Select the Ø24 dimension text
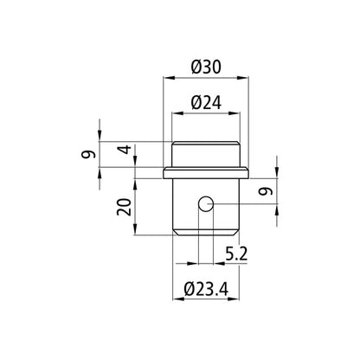click(x=206, y=101)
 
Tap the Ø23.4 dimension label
click(x=205, y=291)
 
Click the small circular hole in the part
click(x=205, y=203)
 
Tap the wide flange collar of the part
click(x=206, y=171)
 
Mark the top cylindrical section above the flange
click(x=206, y=153)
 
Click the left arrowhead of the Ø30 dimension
click(x=167, y=80)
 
